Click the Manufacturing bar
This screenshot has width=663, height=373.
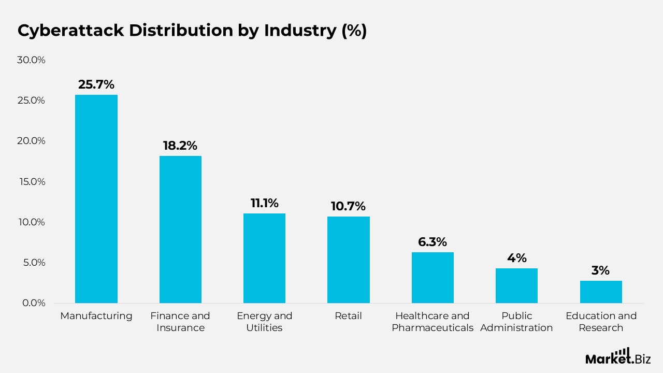pos(96,199)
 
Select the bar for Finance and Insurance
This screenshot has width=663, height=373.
pos(180,229)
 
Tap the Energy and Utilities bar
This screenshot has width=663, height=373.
pos(264,258)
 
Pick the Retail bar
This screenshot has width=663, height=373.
pos(349,260)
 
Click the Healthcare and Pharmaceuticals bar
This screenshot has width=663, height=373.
pos(433,278)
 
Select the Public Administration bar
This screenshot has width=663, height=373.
pos(516,285)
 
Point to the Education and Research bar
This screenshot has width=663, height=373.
pos(601,292)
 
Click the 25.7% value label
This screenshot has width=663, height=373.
pos(96,84)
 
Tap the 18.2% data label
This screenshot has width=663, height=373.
pos(180,146)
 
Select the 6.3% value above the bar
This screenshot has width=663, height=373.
pos(433,242)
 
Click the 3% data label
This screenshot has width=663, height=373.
pos(601,270)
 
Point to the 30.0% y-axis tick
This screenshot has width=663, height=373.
pos(31,60)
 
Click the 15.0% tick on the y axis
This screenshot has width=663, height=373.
pos(31,181)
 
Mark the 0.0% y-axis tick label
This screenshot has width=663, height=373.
pos(33,303)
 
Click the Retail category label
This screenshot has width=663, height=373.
pos(349,316)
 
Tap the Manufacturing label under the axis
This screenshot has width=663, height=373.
pos(96,316)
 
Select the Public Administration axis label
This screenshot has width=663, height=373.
pos(516,322)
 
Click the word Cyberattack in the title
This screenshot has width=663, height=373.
pos(70,31)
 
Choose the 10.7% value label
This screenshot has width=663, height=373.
pos(349,206)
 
